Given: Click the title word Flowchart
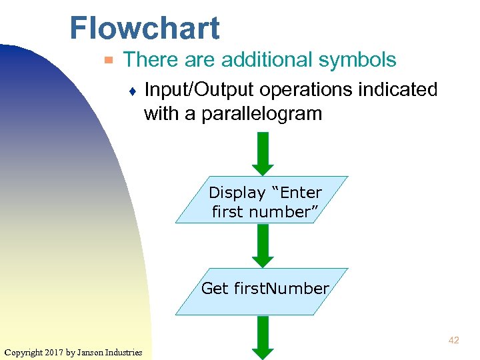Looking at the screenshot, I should pyautogui.click(x=144, y=29).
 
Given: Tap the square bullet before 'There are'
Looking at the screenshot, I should pyautogui.click(x=109, y=61).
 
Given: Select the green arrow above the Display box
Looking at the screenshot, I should pyautogui.click(x=263, y=153).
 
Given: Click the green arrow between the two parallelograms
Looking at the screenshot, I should pyautogui.click(x=263, y=245).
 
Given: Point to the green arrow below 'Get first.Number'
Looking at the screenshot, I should pyautogui.click(x=263, y=337).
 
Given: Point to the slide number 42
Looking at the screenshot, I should pyautogui.click(x=453, y=341).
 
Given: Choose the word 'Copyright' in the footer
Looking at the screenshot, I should pyautogui.click(x=25, y=352).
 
